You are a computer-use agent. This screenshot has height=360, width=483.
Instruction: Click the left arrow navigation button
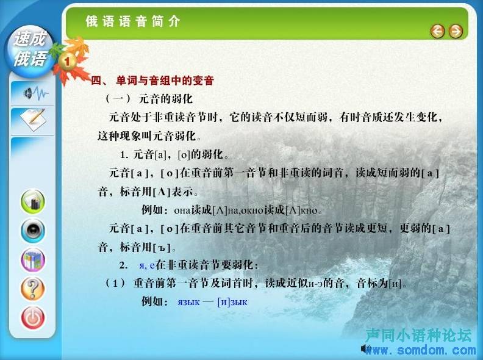(x=437, y=31)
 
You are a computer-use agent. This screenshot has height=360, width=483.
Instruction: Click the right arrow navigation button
(x=456, y=31)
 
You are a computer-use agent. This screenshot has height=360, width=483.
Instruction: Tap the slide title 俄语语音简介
(x=133, y=21)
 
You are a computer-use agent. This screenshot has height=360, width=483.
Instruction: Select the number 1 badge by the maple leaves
(x=67, y=61)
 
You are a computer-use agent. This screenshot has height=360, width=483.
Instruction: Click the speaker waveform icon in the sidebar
(x=37, y=93)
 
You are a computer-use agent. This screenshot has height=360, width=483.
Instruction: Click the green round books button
(x=33, y=201)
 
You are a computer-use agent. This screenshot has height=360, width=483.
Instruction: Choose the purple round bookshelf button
(x=33, y=260)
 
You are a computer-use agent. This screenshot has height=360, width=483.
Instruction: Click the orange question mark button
(x=33, y=289)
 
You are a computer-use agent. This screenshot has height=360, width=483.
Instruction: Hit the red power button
(x=33, y=318)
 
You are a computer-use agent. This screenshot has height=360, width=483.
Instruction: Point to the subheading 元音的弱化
(x=166, y=99)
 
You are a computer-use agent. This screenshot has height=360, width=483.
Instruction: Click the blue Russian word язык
(x=188, y=302)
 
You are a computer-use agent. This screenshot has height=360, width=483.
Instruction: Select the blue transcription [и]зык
(x=232, y=302)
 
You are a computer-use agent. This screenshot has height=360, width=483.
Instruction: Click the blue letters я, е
(x=147, y=265)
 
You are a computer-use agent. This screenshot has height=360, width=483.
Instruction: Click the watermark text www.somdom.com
(x=420, y=350)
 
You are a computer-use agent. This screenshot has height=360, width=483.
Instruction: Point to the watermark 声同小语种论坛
(x=418, y=335)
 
